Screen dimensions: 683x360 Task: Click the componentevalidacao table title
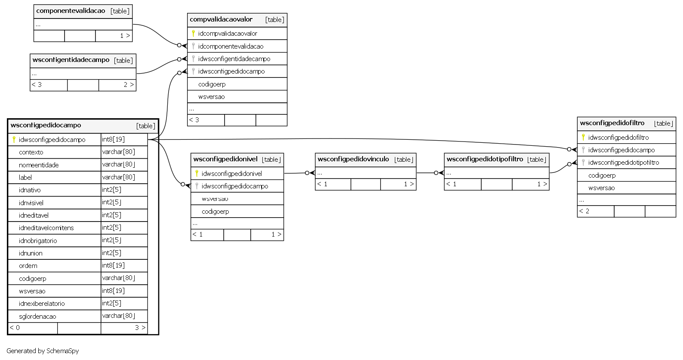click(x=71, y=11)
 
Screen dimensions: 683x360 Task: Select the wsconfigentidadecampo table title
click(x=71, y=60)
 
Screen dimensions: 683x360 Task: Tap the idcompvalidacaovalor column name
click(x=228, y=34)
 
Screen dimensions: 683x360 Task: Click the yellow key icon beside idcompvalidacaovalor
click(x=193, y=33)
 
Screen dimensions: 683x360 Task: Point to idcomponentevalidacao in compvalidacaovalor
click(x=231, y=46)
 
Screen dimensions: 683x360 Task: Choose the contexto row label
click(x=31, y=152)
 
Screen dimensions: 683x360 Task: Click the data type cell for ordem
click(x=113, y=265)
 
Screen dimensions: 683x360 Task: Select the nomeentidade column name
click(x=39, y=165)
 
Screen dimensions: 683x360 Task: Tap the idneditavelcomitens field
click(x=46, y=228)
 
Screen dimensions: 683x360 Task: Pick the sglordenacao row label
click(x=37, y=317)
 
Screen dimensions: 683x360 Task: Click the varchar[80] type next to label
click(x=118, y=177)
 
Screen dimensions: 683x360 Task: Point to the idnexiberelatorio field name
click(x=42, y=303)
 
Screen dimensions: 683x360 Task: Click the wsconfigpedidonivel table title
click(x=225, y=159)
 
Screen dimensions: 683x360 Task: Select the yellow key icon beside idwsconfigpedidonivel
click(x=197, y=173)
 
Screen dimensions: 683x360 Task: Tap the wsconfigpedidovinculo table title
click(x=353, y=159)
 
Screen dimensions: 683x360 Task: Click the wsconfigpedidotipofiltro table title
click(x=485, y=159)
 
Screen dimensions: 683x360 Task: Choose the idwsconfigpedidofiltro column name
click(x=618, y=138)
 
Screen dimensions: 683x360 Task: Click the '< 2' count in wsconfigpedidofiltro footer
click(x=584, y=211)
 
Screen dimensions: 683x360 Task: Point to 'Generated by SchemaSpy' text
click(x=43, y=351)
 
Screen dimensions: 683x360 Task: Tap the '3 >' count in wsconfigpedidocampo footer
click(x=140, y=328)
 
